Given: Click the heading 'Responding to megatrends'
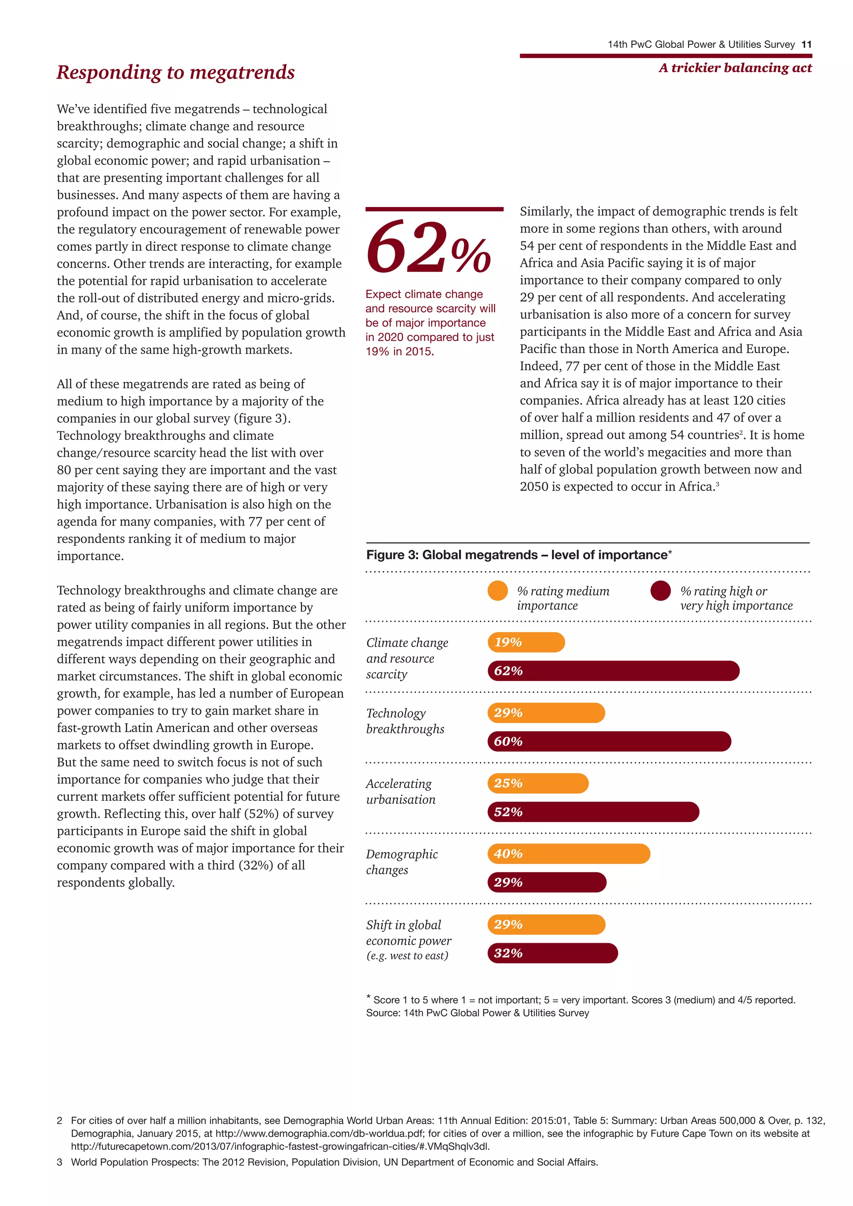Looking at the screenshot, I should (x=175, y=72).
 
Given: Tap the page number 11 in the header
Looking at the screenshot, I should (x=806, y=45).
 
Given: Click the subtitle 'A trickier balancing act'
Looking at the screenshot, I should (x=735, y=68).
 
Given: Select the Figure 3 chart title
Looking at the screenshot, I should (x=519, y=555).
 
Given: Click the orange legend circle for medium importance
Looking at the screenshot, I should (x=497, y=591).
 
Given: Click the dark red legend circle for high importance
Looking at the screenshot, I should (x=660, y=591).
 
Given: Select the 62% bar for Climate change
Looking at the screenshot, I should (x=613, y=671).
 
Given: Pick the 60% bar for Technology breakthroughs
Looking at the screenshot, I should (x=609, y=741).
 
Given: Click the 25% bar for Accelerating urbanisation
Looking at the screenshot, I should (x=538, y=783).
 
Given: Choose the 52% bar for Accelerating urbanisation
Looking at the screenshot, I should (x=593, y=812).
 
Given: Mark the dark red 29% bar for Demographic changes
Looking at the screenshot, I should (x=547, y=882).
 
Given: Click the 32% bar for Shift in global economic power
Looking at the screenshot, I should (x=553, y=953).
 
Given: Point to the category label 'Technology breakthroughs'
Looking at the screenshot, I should (x=405, y=721).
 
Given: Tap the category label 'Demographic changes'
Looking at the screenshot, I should (x=402, y=862).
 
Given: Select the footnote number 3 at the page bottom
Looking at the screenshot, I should (x=60, y=1162).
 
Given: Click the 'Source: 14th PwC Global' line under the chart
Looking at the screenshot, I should (x=477, y=1013).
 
